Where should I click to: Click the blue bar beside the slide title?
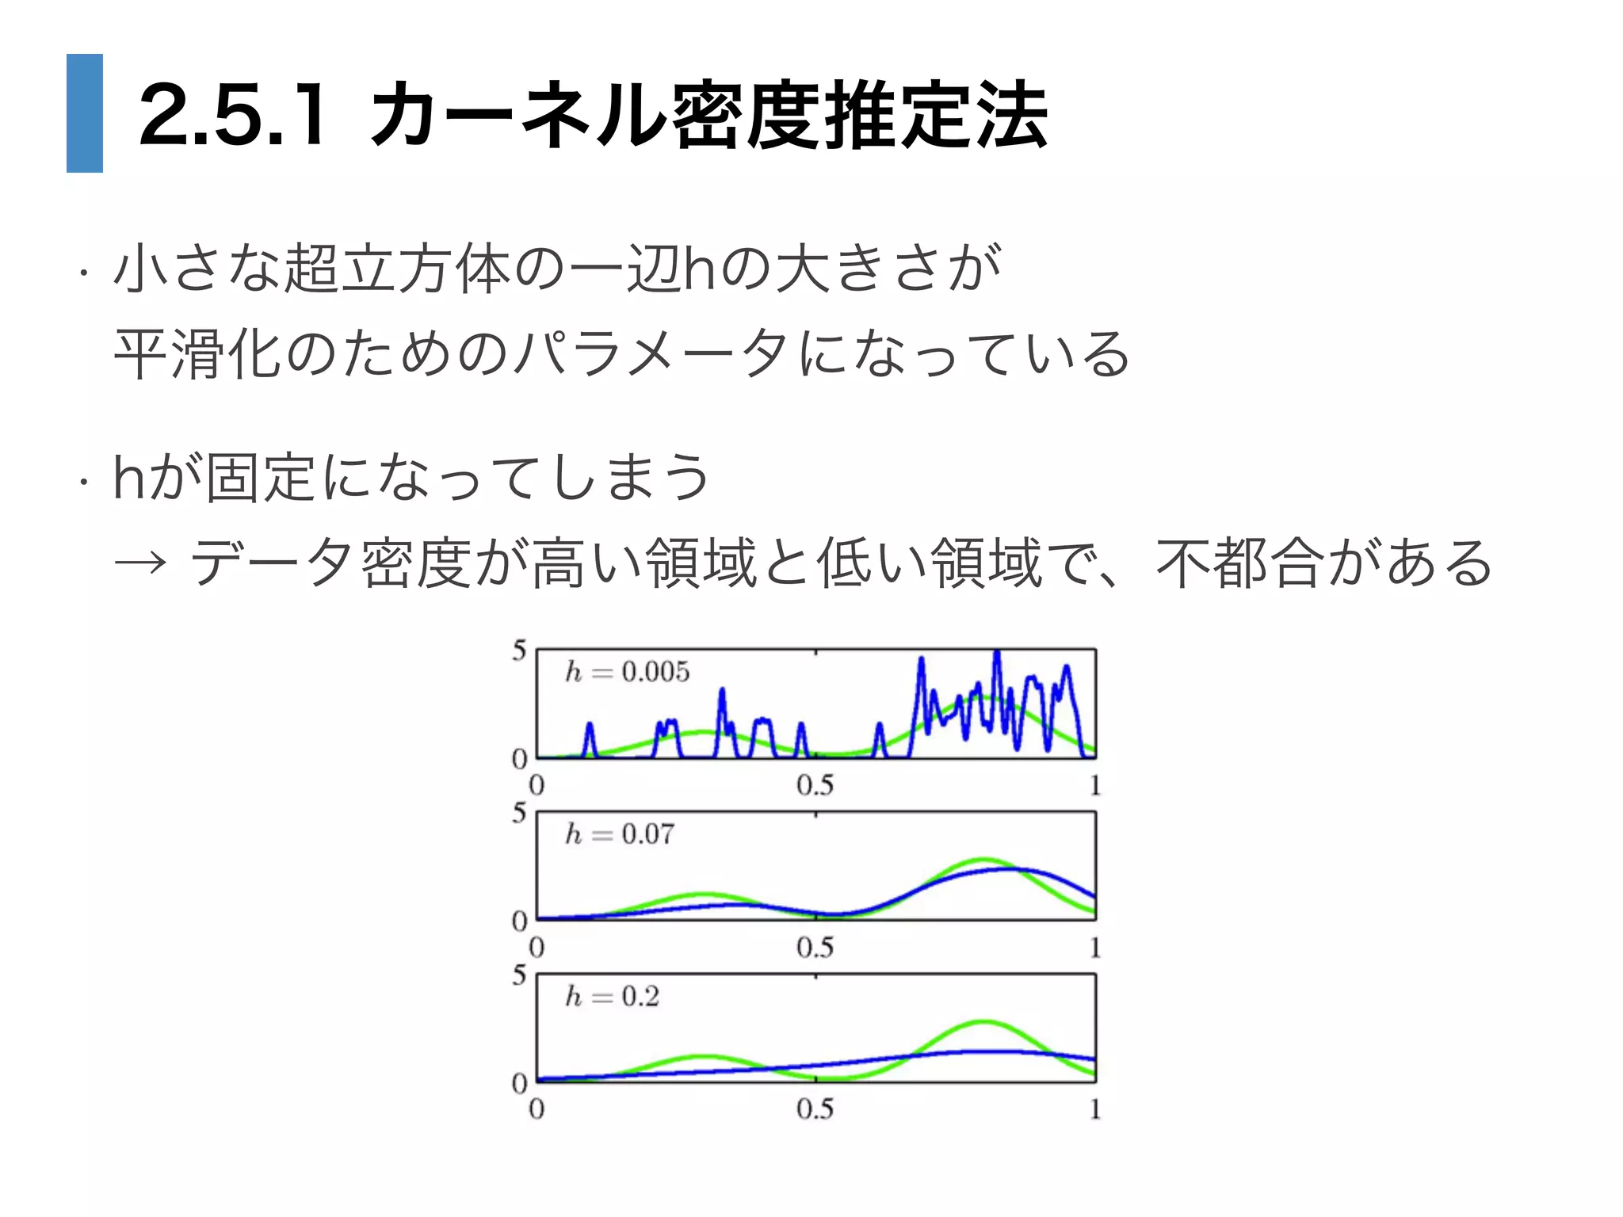[85, 113]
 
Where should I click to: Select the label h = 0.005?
[627, 672]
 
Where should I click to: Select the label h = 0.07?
[620, 834]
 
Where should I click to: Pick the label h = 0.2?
[612, 996]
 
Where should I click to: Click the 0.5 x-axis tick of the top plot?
[815, 785]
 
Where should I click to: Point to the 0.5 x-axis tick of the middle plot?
[815, 948]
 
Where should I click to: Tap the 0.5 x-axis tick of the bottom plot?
[815, 1109]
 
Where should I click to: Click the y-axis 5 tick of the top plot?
[519, 651]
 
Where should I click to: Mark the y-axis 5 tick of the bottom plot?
[519, 975]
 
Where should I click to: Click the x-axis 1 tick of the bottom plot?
[1094, 1109]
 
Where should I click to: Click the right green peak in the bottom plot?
[983, 1023]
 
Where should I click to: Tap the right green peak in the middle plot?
[983, 860]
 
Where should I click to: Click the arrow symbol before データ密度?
[140, 563]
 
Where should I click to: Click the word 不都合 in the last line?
[1239, 563]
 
